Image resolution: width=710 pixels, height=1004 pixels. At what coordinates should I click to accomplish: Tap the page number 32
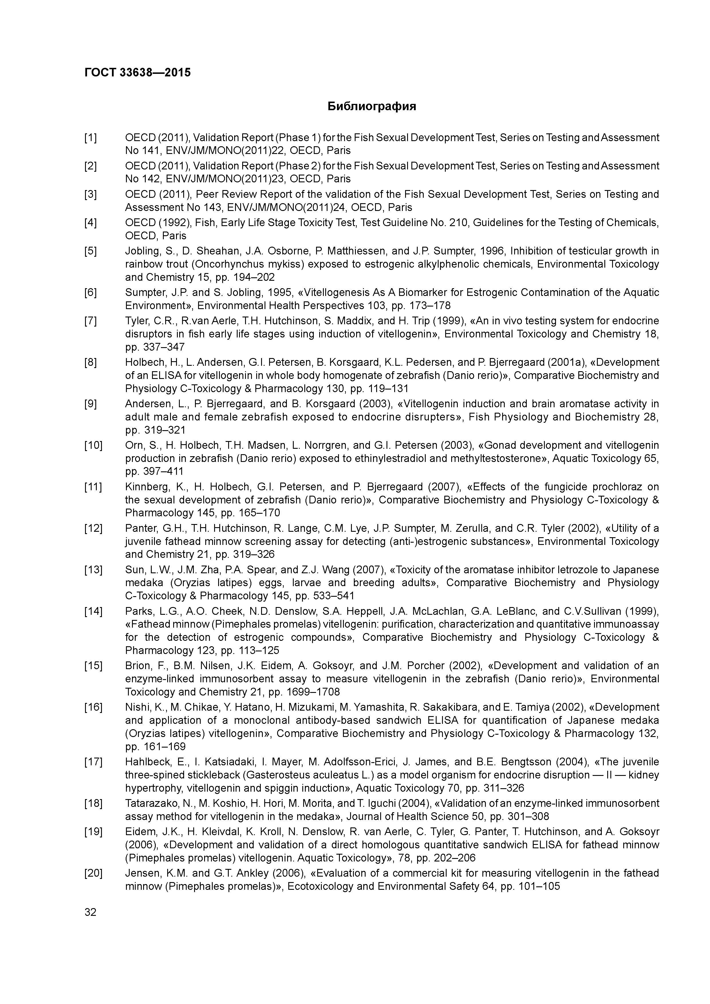tap(90, 912)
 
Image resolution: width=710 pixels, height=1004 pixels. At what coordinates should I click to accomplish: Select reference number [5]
tap(90, 251)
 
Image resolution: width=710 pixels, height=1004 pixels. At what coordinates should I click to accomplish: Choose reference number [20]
tap(93, 873)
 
